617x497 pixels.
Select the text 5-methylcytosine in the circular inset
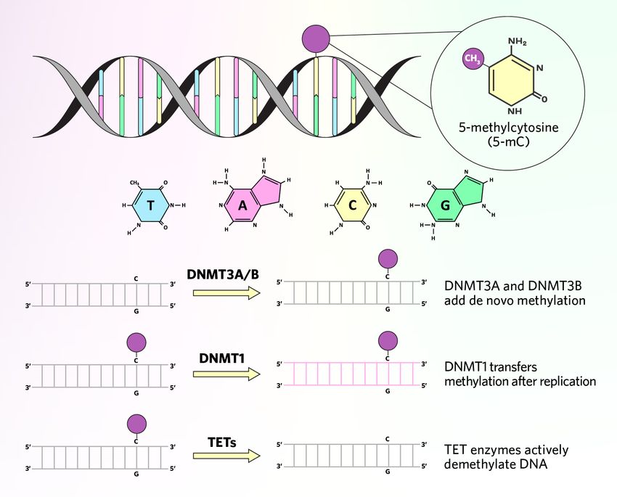(498, 128)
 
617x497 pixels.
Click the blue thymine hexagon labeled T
(150, 206)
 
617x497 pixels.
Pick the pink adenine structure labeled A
(244, 205)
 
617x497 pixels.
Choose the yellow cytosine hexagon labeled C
(353, 206)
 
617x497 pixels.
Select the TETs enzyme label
(224, 440)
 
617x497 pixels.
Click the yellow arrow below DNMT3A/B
(226, 292)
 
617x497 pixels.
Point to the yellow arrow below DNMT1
(226, 374)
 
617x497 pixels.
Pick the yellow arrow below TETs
(226, 456)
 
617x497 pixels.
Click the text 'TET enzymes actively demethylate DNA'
(506, 457)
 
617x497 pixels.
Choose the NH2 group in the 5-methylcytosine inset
(518, 42)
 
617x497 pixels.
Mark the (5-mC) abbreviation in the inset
(498, 142)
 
